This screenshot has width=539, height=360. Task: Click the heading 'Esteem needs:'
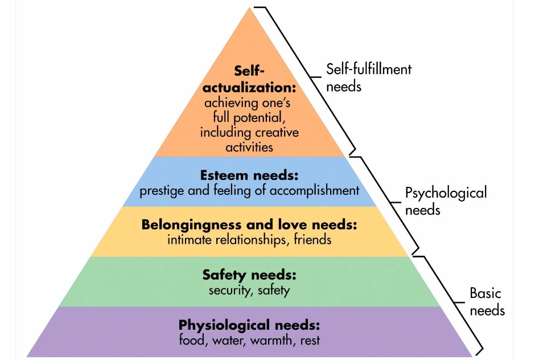pyautogui.click(x=249, y=175)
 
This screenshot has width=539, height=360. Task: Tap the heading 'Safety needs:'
pyautogui.click(x=249, y=275)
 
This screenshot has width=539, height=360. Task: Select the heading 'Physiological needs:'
pyautogui.click(x=249, y=325)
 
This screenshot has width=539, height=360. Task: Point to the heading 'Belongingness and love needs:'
pyautogui.click(x=249, y=225)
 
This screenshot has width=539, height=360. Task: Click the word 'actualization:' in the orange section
pyautogui.click(x=249, y=87)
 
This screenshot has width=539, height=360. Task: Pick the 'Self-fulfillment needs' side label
pyautogui.click(x=368, y=78)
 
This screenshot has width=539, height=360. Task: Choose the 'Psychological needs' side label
pyautogui.click(x=446, y=201)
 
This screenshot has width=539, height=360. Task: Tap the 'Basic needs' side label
pyautogui.click(x=487, y=301)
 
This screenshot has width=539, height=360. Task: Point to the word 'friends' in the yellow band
pyautogui.click(x=312, y=240)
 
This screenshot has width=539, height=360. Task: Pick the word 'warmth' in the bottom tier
pyautogui.click(x=271, y=341)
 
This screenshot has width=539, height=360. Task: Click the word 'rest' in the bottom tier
pyautogui.click(x=310, y=341)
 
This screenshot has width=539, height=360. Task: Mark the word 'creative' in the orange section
pyautogui.click(x=277, y=133)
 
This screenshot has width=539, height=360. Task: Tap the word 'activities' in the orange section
pyautogui.click(x=249, y=148)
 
